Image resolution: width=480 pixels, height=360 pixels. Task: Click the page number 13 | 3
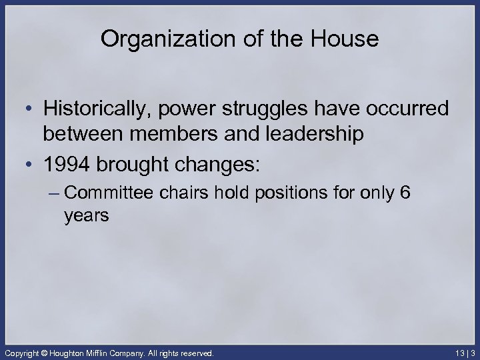pyautogui.click(x=464, y=352)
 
